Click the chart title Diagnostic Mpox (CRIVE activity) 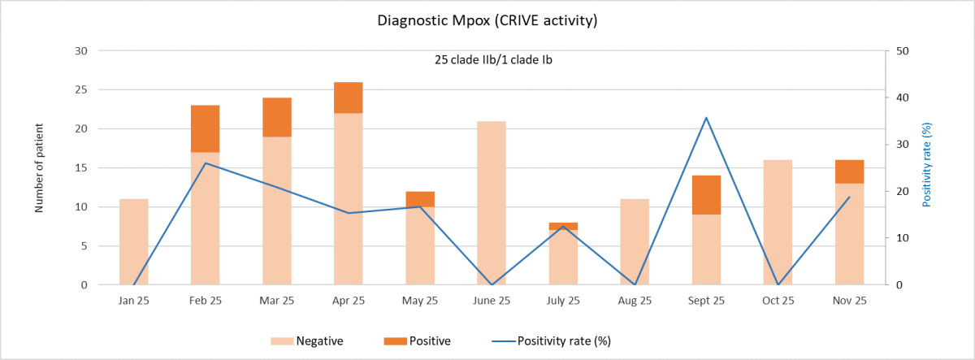click(x=487, y=21)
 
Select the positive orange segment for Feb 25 click(x=205, y=128)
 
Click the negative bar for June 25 click(x=491, y=203)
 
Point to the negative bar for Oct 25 click(x=778, y=222)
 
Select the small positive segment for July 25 click(x=563, y=226)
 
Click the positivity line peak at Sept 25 click(x=706, y=118)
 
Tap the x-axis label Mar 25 click(x=276, y=301)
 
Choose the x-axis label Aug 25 click(x=635, y=301)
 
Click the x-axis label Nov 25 click(x=849, y=301)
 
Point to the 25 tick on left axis click(x=81, y=90)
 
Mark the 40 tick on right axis click(x=901, y=98)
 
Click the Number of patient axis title click(x=38, y=168)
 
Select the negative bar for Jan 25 click(x=133, y=241)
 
